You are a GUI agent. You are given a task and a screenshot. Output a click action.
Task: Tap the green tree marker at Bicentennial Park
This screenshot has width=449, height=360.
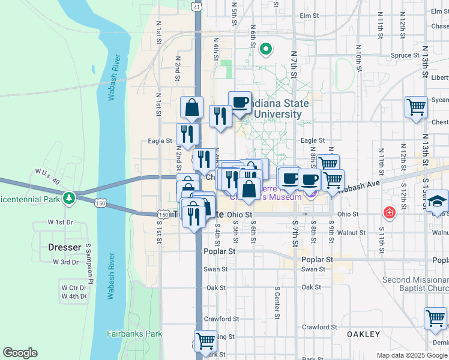tap(70, 197)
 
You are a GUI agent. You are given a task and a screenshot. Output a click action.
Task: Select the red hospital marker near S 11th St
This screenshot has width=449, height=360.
tap(390, 213)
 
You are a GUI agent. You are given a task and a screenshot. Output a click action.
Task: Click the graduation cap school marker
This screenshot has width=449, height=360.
tap(438, 200)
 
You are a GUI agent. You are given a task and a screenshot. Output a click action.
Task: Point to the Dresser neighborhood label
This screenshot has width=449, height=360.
tap(64, 247)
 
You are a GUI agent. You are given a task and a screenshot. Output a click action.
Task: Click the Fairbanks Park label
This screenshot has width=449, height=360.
tap(134, 334)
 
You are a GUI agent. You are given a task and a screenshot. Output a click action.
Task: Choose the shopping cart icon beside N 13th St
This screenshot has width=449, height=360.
tap(416, 107)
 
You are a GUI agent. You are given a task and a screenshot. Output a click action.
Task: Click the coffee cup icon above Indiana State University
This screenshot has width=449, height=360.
tap(240, 102)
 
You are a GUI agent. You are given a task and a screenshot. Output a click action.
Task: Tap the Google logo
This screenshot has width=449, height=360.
tap(20, 353)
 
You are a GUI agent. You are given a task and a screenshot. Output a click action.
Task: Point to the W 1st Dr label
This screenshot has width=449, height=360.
tap(60, 223)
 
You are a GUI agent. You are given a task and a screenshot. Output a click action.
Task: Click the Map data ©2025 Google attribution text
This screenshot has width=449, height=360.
tap(412, 355)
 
